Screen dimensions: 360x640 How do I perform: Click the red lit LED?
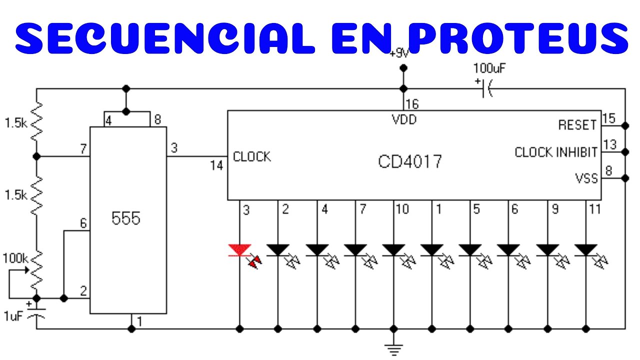click(x=240, y=249)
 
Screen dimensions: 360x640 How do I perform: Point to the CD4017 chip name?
click(x=410, y=161)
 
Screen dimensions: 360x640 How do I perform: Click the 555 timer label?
click(x=126, y=218)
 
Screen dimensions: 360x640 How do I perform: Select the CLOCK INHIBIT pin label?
click(x=556, y=152)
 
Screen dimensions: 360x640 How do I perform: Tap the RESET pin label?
click(x=577, y=125)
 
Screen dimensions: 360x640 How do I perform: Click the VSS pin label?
click(x=586, y=178)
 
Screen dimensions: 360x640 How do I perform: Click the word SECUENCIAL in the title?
click(x=165, y=38)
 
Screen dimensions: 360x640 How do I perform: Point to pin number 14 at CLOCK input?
click(x=216, y=165)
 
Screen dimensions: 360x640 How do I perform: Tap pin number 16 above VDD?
click(x=412, y=104)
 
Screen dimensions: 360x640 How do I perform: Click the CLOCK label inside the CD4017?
click(x=252, y=156)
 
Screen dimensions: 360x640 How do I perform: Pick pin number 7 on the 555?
click(x=83, y=148)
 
